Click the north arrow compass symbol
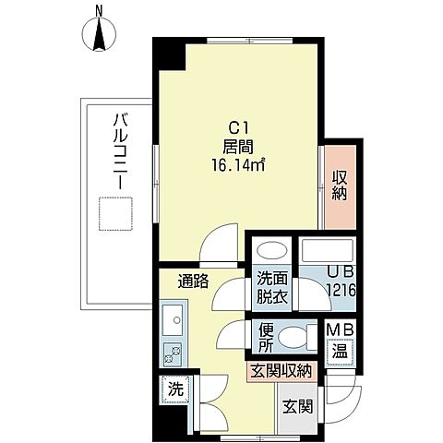99,33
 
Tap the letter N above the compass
99,11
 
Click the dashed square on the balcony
115,214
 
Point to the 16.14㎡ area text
238,165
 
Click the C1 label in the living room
239,128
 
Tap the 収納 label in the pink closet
340,186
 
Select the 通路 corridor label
194,281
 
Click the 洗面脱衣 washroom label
272,288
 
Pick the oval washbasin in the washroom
271,251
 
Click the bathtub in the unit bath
328,250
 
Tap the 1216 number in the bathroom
341,290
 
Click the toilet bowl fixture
293,337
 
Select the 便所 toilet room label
266,338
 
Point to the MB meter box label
340,329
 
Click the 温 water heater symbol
341,352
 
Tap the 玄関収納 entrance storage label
281,371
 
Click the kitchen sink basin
173,320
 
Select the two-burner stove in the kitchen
173,354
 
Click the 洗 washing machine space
175,389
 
